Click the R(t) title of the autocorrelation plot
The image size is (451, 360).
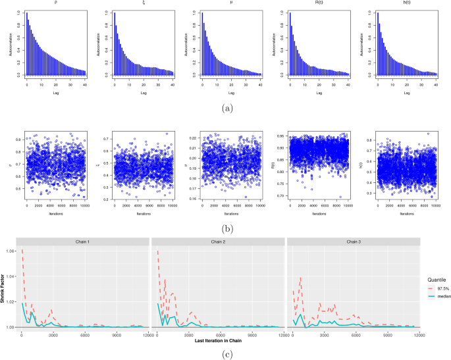tap(318, 3)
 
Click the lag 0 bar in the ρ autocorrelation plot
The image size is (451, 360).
tap(26, 43)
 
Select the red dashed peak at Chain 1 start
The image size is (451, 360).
tap(22, 251)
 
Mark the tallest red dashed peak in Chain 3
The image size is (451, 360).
tap(300, 278)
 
